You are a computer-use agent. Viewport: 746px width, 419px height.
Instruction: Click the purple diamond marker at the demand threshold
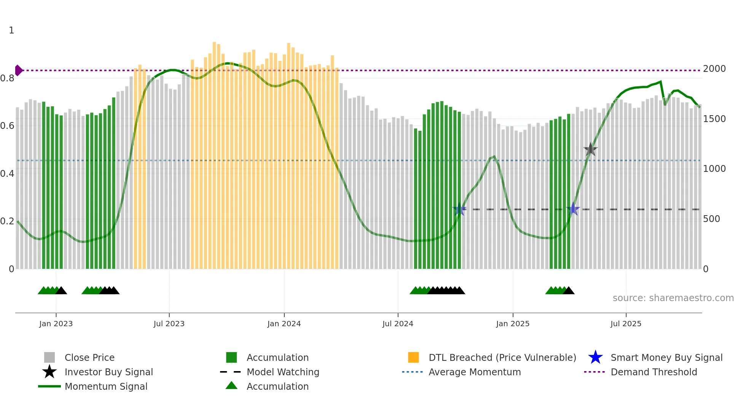pyautogui.click(x=18, y=70)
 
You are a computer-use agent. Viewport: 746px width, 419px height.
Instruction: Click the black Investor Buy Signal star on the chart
pyautogui.click(x=590, y=149)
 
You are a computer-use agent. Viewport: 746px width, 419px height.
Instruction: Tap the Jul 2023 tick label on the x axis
pyautogui.click(x=169, y=324)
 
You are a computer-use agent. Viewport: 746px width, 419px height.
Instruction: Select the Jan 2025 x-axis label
pyautogui.click(x=513, y=324)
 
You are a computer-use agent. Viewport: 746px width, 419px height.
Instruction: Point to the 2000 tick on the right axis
pyautogui.click(x=714, y=69)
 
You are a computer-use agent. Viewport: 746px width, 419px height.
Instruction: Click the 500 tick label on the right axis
pyautogui.click(x=711, y=219)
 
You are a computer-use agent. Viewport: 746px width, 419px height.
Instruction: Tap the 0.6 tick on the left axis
pyautogui.click(x=7, y=126)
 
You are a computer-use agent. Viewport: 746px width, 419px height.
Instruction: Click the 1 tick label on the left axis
pyautogui.click(x=11, y=30)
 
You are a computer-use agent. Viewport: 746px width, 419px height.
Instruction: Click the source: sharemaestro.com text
pyautogui.click(x=673, y=298)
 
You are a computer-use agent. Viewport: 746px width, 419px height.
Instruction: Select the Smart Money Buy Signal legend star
pyautogui.click(x=595, y=357)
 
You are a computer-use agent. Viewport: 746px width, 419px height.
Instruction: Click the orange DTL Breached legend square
pyautogui.click(x=413, y=357)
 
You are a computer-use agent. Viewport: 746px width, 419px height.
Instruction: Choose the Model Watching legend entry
pyautogui.click(x=283, y=372)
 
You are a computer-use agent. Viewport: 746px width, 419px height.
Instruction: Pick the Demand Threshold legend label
pyautogui.click(x=654, y=372)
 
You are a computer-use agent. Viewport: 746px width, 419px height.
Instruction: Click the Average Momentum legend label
pyautogui.click(x=475, y=372)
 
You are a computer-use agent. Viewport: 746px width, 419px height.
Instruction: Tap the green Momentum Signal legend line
pyautogui.click(x=49, y=386)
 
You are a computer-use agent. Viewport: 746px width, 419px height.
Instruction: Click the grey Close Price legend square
pyautogui.click(x=49, y=357)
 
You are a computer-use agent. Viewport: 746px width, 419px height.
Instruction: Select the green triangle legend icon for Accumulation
pyautogui.click(x=231, y=386)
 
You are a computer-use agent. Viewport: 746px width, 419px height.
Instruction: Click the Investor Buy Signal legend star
pyautogui.click(x=49, y=372)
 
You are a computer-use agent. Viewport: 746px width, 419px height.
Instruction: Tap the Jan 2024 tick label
pyautogui.click(x=284, y=324)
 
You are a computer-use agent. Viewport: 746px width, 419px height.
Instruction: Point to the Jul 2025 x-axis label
pyautogui.click(x=626, y=324)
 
